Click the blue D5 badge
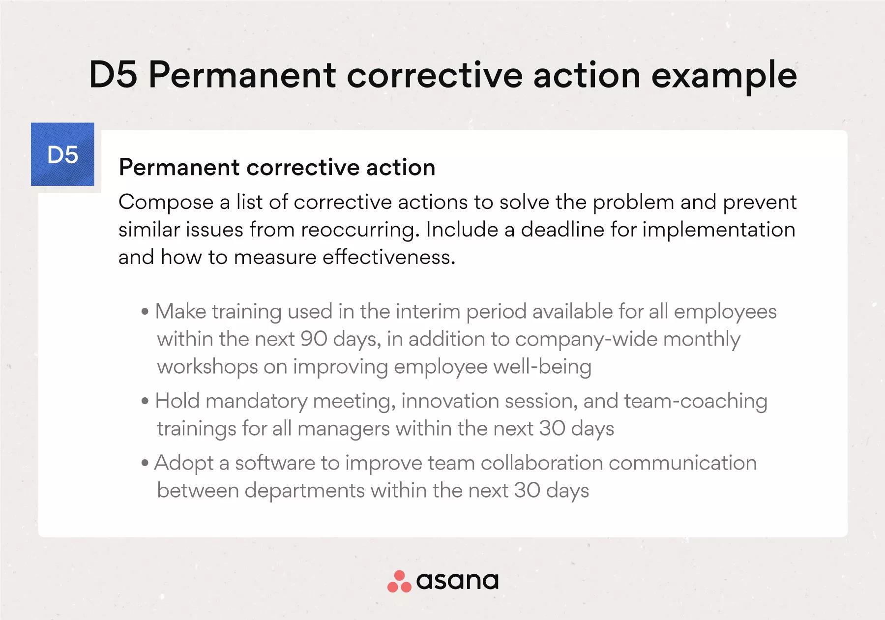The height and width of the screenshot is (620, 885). point(62,154)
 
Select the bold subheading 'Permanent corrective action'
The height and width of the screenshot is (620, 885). point(277,168)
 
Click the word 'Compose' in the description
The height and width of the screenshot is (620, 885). point(166,203)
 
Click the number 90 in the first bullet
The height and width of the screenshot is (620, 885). point(314,339)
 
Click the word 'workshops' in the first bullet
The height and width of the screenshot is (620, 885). point(207,367)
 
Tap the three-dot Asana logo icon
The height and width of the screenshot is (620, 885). point(399,581)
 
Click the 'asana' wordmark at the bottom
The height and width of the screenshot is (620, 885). point(457,581)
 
